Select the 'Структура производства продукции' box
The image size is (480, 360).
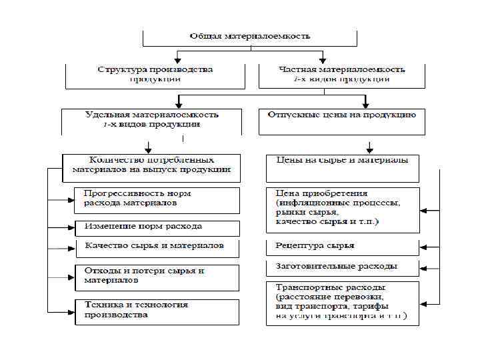tap(155, 75)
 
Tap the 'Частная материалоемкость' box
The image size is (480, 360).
tap(341, 75)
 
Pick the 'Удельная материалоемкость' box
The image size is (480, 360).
tap(154, 120)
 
